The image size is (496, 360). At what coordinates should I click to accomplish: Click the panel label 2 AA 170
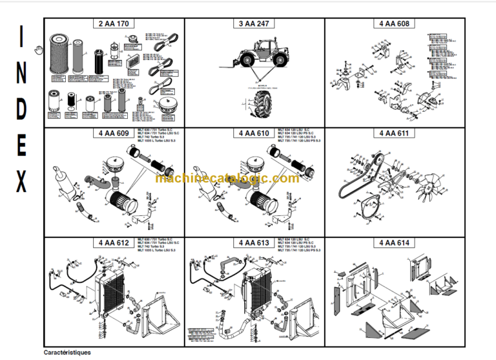(114, 24)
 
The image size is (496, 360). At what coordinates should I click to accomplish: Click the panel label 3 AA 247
(254, 24)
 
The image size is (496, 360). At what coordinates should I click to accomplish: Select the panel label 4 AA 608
(395, 24)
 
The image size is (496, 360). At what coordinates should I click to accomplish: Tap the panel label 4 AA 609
(114, 134)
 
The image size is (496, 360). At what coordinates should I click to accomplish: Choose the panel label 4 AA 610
(254, 134)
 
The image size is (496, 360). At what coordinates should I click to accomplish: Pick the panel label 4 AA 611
(395, 134)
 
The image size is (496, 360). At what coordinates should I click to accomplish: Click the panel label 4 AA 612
(114, 243)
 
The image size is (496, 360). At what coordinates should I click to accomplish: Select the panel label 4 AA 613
(254, 243)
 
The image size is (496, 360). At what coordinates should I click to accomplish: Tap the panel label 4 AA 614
(395, 243)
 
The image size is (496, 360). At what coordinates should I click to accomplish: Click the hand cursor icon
(39, 48)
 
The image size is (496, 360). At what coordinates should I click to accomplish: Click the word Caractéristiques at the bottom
(67, 353)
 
